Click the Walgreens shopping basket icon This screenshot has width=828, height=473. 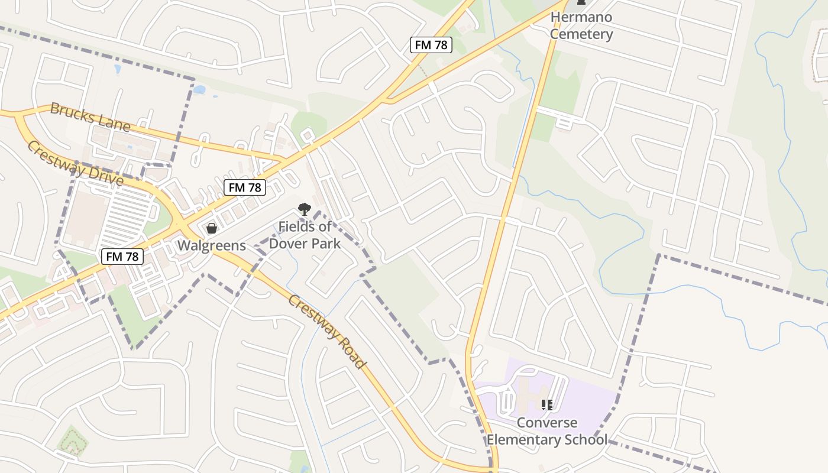212,228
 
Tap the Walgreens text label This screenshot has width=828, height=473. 212,245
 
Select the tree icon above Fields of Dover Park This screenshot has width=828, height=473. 304,209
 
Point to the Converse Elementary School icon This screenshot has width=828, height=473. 547,405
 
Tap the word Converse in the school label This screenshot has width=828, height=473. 547,423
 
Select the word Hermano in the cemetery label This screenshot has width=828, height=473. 581,17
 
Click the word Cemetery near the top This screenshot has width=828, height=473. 581,34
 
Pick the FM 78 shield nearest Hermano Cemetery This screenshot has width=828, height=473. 431,45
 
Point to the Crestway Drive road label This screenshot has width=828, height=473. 75,163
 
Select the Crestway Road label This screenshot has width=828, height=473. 326,331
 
